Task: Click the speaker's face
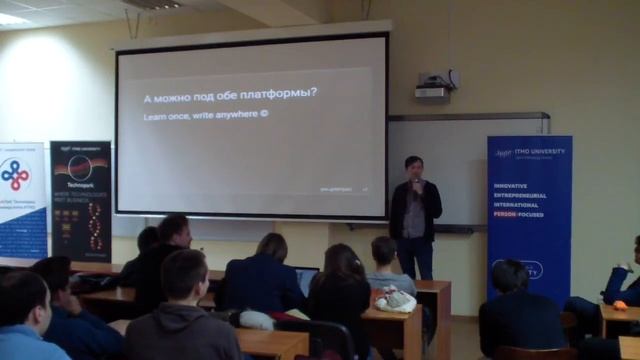click(x=413, y=167)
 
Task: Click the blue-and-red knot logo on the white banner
click(x=15, y=176)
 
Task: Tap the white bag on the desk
click(x=397, y=300)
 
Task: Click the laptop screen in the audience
click(x=307, y=280)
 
